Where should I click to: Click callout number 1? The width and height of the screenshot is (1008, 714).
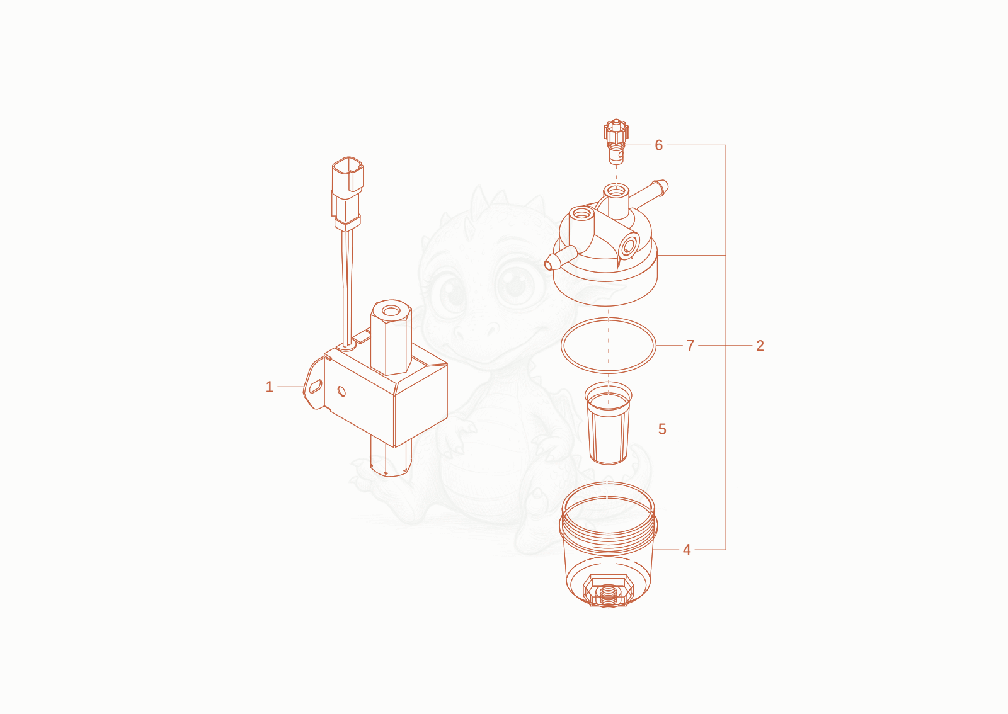270,387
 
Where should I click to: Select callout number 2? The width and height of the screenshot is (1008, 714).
760,346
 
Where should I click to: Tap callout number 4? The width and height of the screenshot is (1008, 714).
687,550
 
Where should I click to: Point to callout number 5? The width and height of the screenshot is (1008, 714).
662,429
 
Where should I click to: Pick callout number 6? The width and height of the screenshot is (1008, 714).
659,145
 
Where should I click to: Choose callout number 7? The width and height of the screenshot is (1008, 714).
690,346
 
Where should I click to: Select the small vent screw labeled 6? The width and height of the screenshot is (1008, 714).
616,141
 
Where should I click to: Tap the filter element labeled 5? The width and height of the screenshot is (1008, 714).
609,423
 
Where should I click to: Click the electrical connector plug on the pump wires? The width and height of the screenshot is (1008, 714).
347,193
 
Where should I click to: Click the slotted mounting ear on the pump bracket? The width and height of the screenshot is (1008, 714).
314,386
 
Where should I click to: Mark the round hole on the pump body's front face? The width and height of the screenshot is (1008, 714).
342,392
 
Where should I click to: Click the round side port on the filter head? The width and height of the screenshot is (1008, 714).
628,246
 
